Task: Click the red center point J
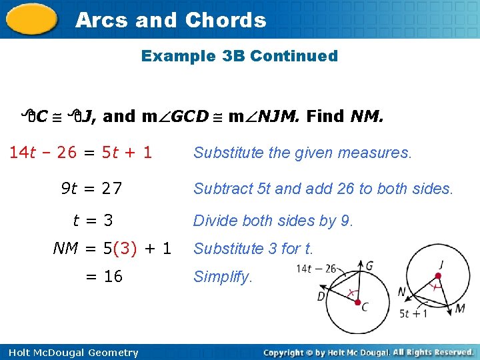click(x=439, y=275)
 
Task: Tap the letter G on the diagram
click(x=369, y=265)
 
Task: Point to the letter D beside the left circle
click(x=321, y=295)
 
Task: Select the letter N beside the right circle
click(x=403, y=292)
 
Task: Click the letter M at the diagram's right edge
click(x=461, y=309)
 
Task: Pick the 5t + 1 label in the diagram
click(x=414, y=313)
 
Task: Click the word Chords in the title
click(x=225, y=20)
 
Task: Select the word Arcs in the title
click(x=102, y=20)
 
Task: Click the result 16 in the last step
click(x=113, y=276)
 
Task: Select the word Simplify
click(x=223, y=277)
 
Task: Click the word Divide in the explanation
click(x=215, y=221)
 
